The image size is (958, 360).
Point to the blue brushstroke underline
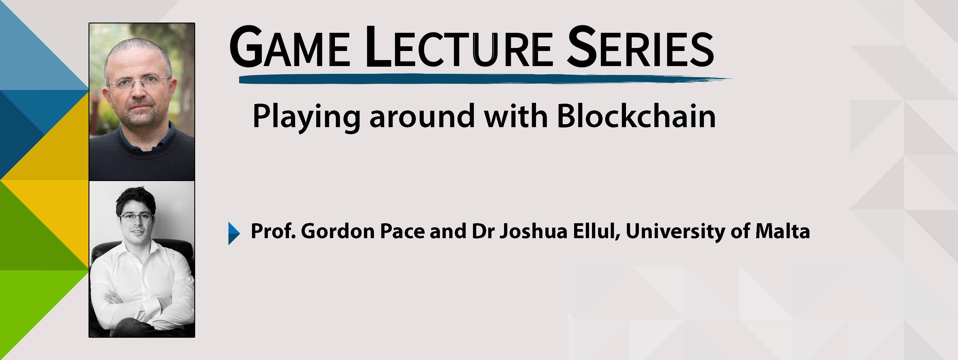coord(485,79)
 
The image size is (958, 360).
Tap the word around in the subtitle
coord(422,116)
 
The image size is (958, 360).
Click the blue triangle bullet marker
coord(234,233)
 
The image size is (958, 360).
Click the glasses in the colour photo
coord(138,82)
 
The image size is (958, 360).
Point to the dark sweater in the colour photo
coord(142,156)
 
